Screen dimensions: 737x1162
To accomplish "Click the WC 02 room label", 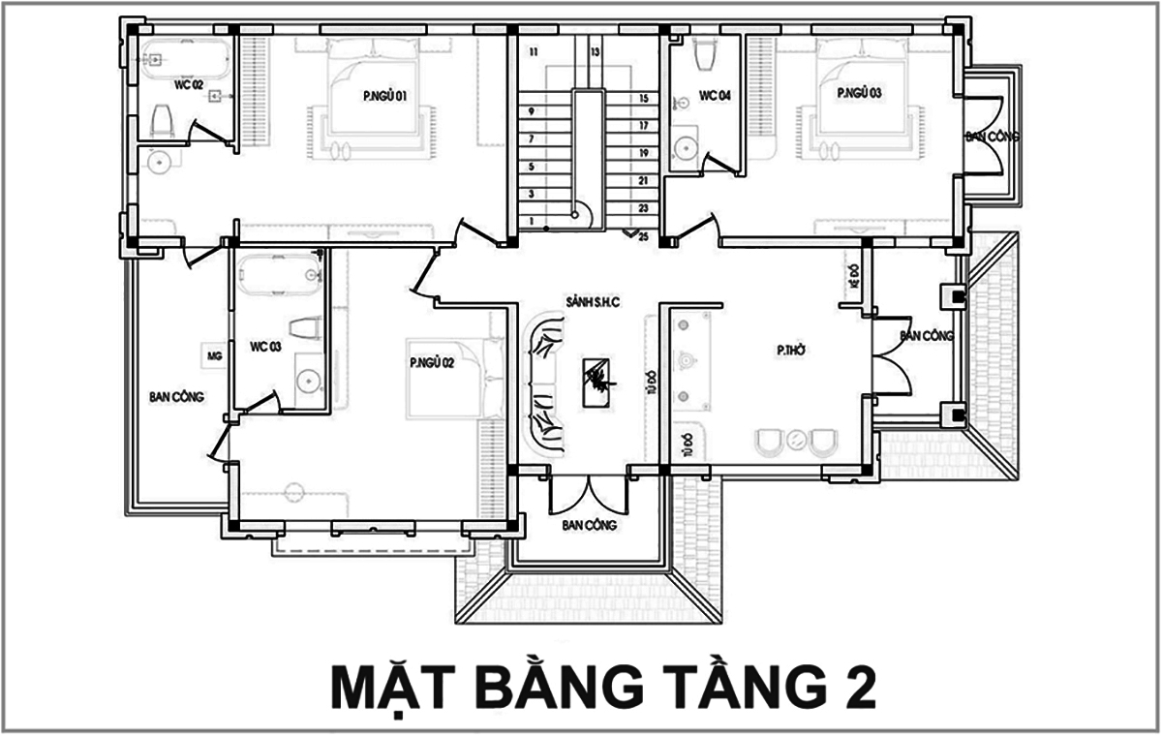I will point(189,85).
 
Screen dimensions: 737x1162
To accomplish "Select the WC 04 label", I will point(715,96).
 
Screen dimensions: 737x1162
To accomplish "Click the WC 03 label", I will point(265,346).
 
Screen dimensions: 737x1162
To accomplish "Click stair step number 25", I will point(642,236).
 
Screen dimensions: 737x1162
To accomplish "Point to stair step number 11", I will point(533,51).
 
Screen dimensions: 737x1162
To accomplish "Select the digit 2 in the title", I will point(854,688).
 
